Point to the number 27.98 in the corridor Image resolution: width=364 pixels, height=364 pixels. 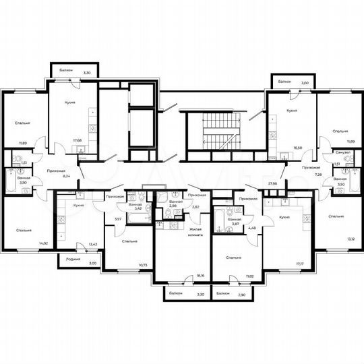273,182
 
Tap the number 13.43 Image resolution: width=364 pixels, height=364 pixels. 94,245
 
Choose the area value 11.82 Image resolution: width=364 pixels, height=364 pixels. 231,276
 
